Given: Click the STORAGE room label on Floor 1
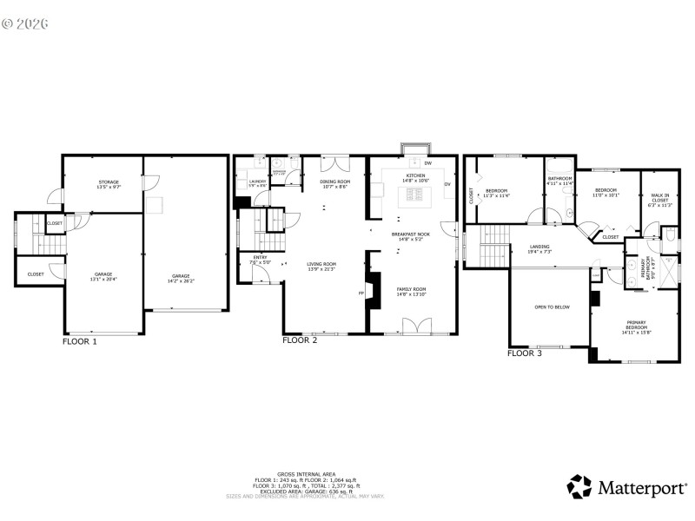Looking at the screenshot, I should (x=108, y=182).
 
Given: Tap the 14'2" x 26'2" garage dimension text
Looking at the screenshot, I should (x=180, y=280).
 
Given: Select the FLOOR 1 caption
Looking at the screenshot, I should (x=80, y=342).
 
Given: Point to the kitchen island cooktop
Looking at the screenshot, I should (x=414, y=198).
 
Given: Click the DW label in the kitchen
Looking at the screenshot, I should (x=428, y=163).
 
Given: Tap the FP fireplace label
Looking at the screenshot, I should (x=361, y=293).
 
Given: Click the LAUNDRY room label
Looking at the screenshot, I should (x=257, y=181).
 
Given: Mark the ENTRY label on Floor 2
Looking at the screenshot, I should (x=261, y=258).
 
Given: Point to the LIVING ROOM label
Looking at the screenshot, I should (x=321, y=264).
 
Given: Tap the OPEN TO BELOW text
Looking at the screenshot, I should (x=552, y=307).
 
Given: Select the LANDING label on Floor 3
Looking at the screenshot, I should (x=539, y=247).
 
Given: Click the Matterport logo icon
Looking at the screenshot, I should (x=580, y=486).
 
